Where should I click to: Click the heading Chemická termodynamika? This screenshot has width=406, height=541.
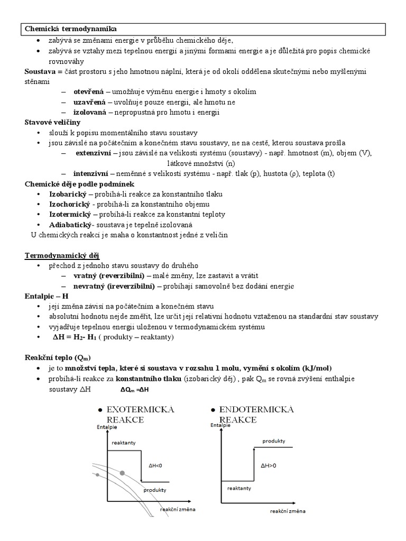tap(71, 29)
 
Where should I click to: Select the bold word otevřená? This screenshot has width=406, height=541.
tap(89, 92)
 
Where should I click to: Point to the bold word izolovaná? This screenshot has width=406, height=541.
tap(90, 112)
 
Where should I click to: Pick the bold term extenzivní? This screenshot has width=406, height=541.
tap(93, 153)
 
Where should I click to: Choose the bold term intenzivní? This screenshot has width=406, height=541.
tap(92, 173)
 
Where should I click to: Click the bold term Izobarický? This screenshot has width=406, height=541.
tap(68, 194)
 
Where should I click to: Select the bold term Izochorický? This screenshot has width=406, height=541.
tap(69, 204)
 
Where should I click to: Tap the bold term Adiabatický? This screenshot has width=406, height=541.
tap(70, 225)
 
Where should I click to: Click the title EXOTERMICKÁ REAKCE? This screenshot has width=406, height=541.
tap(140, 415)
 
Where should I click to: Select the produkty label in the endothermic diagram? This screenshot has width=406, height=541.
tap(274, 440)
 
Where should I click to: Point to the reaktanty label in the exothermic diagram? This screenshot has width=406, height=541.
tap(124, 443)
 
